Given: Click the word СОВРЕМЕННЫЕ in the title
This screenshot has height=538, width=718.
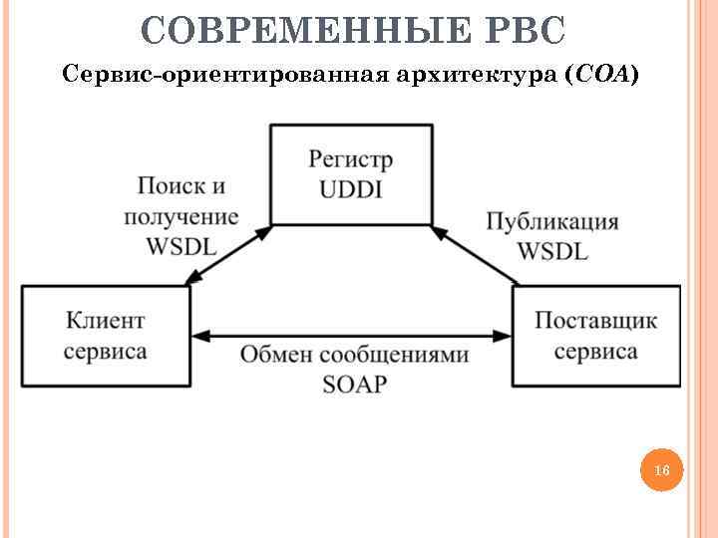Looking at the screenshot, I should [x=302, y=31].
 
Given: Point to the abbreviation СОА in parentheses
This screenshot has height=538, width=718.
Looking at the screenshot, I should [x=601, y=75].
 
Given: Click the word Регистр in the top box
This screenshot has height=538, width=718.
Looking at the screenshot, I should [x=351, y=159].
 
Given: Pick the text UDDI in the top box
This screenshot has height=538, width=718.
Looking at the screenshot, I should [x=351, y=189].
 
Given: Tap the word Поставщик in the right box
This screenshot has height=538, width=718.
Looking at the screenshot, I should [x=596, y=321].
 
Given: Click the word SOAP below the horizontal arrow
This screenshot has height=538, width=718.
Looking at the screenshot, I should [x=354, y=385].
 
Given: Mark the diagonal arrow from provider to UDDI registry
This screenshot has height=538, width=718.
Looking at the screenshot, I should [x=477, y=256].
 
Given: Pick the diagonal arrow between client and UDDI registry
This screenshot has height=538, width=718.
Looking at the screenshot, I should [x=228, y=257].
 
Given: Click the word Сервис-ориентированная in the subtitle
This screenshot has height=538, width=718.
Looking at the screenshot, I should [x=200, y=75].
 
